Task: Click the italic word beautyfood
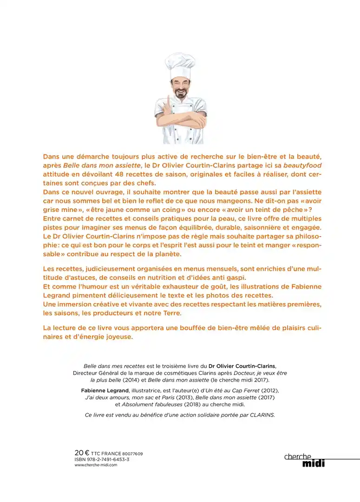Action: (x=302, y=165)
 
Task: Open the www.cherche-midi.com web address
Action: (x=96, y=465)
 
